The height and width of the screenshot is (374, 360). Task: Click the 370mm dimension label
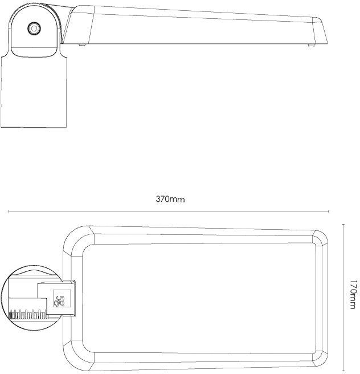[170, 199]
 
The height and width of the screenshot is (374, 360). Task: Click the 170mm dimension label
[353, 295]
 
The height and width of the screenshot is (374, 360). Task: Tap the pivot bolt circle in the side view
[34, 29]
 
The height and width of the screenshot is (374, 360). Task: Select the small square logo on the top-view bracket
[62, 298]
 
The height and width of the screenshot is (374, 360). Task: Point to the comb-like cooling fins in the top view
[28, 314]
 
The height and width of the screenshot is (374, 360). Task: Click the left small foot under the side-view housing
[81, 45]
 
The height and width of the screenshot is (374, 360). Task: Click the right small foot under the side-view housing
[310, 45]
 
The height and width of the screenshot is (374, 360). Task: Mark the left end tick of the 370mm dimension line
[9, 212]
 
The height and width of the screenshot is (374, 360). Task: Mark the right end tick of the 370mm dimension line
[329, 212]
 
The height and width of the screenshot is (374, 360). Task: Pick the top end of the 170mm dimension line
[343, 225]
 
